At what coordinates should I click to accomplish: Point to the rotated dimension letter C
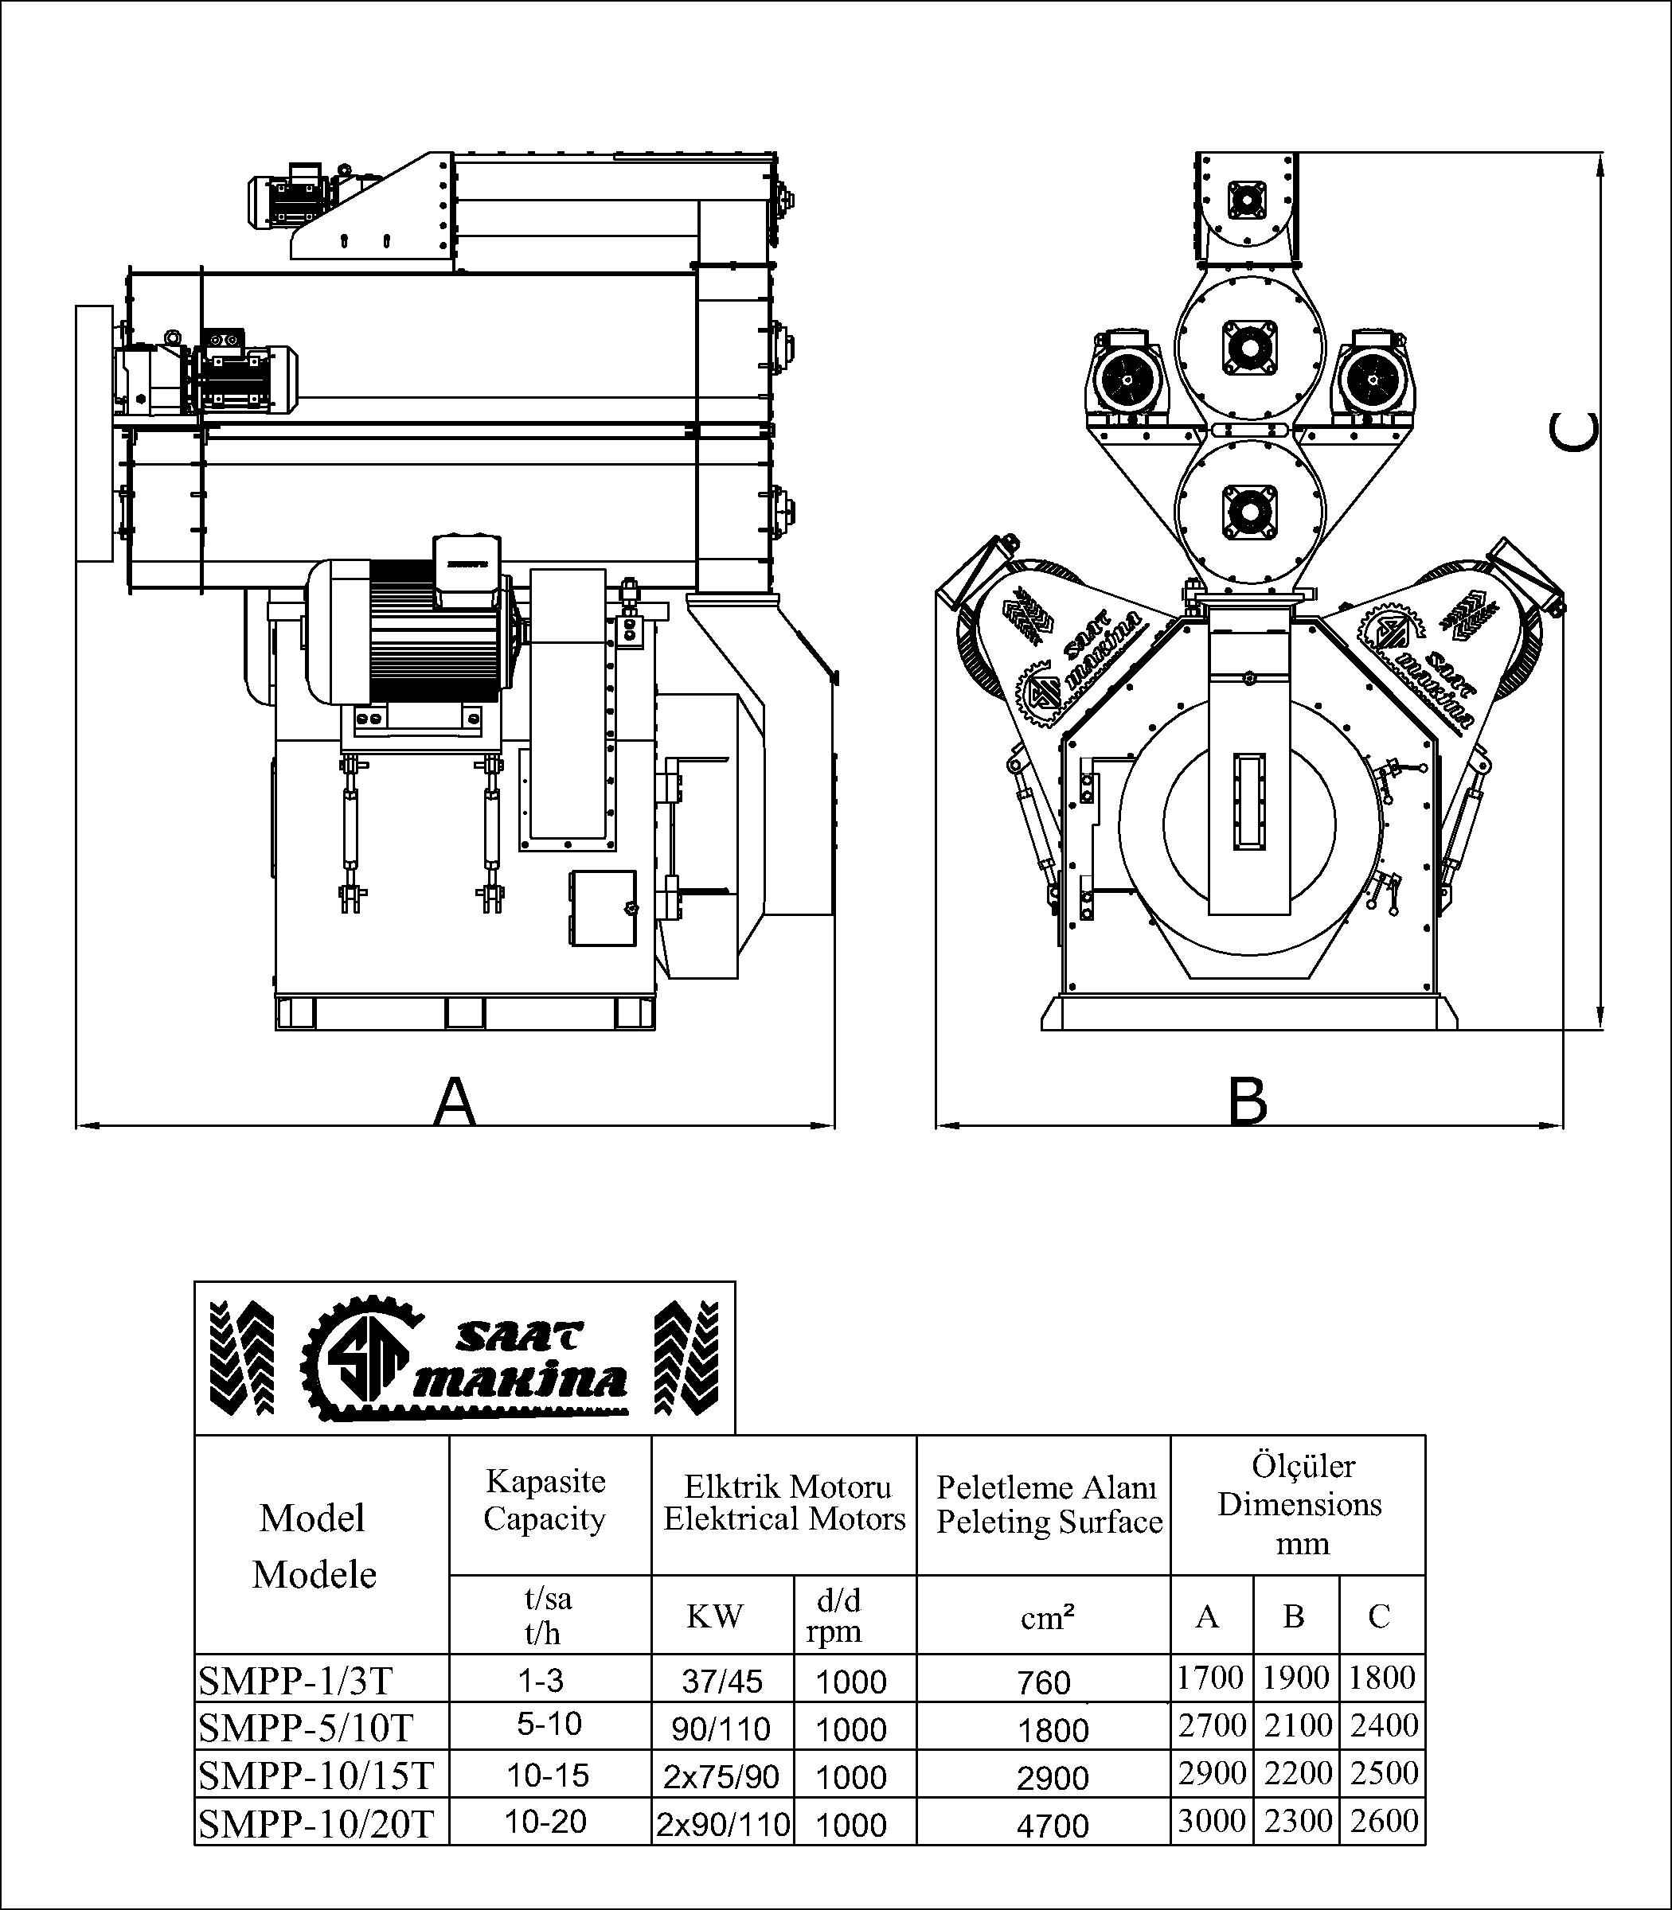[x=1573, y=431]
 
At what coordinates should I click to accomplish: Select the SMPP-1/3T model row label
[x=295, y=1681]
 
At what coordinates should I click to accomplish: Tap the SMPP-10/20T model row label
[x=316, y=1823]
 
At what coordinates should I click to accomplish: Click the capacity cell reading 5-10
[x=549, y=1724]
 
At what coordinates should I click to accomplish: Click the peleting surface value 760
[x=1044, y=1682]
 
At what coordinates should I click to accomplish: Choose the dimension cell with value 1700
[x=1210, y=1678]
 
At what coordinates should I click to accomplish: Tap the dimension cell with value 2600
[x=1384, y=1821]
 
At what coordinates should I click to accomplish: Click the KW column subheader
[x=715, y=1616]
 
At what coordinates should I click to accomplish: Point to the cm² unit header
[x=1047, y=1618]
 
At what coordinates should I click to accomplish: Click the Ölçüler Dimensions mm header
[x=1299, y=1503]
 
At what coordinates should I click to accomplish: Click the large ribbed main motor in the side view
[x=411, y=631]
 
